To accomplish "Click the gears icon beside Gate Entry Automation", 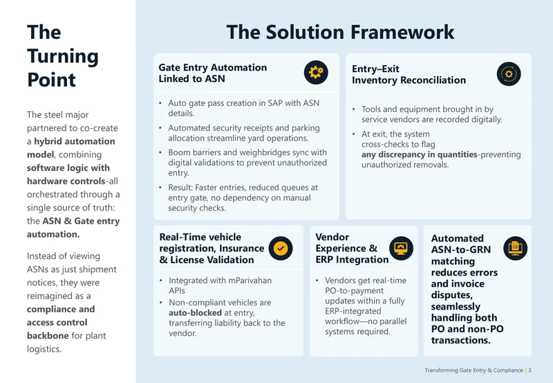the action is (316, 72).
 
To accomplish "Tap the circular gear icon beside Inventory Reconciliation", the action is (509, 74).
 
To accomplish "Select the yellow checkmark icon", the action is (281, 249).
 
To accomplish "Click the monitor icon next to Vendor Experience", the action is (402, 249).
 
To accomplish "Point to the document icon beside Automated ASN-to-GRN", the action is (515, 249).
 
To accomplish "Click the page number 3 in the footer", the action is (529, 371).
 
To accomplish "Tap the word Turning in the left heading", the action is (63, 57).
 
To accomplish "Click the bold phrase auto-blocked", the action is (195, 312).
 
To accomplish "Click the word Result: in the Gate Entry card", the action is (180, 188).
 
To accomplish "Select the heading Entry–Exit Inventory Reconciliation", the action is (409, 75).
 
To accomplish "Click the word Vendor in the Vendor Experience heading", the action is (332, 237).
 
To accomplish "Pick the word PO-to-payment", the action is (349, 291).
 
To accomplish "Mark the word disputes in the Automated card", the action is (452, 295).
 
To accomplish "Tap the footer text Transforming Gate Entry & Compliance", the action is (474, 371).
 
